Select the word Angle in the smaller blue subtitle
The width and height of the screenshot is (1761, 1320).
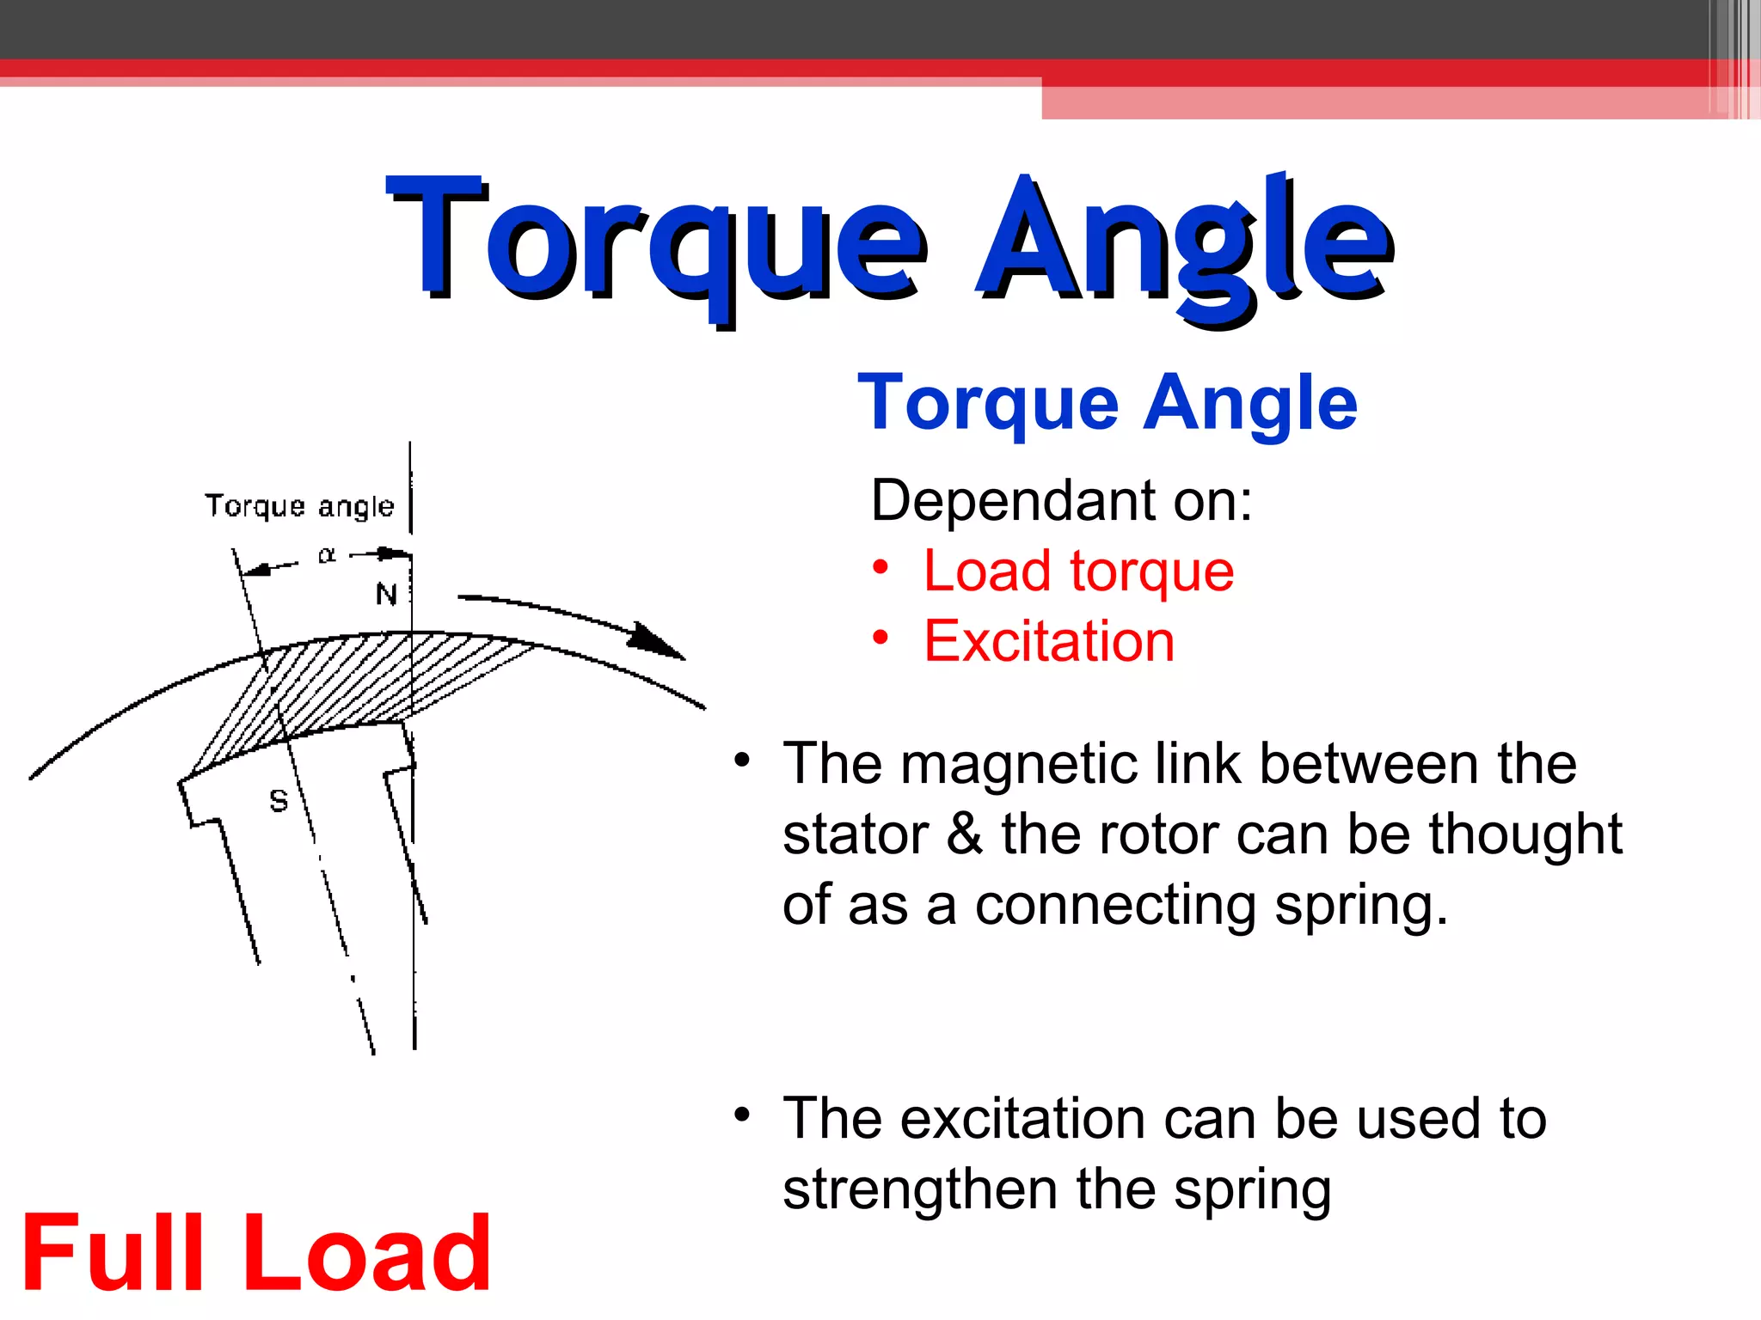(1250, 404)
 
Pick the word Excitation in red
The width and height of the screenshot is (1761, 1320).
(1049, 642)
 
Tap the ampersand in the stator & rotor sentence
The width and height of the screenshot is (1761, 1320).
(964, 834)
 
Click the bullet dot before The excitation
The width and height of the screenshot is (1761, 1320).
(742, 1115)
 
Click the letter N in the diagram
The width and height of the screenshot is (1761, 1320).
(386, 594)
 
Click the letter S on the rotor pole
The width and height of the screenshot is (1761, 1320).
(279, 801)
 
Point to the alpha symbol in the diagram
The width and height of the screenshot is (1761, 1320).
(327, 555)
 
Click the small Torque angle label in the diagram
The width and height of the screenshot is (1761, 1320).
(299, 506)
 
